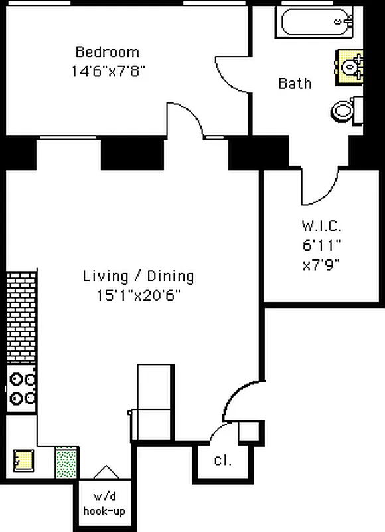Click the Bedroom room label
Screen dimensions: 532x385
pyautogui.click(x=107, y=52)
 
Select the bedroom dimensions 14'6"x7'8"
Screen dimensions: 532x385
pyautogui.click(x=108, y=70)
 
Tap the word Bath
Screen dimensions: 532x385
pyautogui.click(x=295, y=84)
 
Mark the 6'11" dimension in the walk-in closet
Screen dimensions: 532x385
pyautogui.click(x=321, y=244)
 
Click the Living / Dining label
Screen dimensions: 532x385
pyautogui.click(x=138, y=275)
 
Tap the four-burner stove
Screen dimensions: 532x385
pyautogui.click(x=21, y=389)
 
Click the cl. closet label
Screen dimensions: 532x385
pyautogui.click(x=222, y=460)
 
